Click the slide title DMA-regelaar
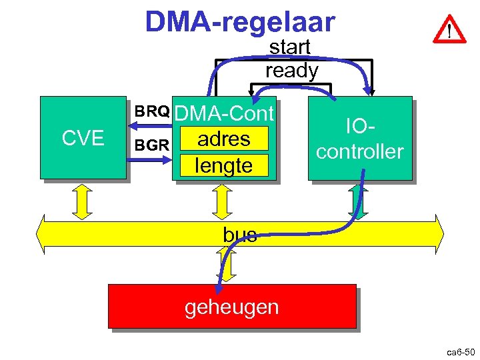tap(240, 22)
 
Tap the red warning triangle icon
tap(449, 30)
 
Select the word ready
tap(291, 70)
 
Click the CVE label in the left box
tap(83, 139)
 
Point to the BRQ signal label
tap(151, 111)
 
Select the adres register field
tap(224, 139)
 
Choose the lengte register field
tap(224, 165)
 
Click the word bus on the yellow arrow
tap(240, 235)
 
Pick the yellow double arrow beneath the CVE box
tap(83, 200)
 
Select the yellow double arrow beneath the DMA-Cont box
tap(221, 200)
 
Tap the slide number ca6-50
tap(459, 351)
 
